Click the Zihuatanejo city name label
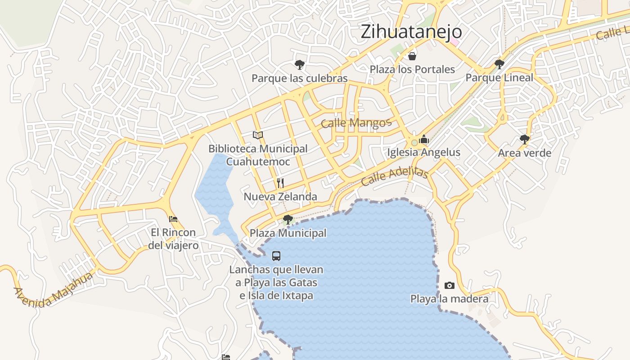[411, 31]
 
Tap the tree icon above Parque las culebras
[300, 65]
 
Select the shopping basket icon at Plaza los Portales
[412, 56]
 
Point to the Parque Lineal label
[499, 78]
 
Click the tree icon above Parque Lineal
[499, 64]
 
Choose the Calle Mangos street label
[356, 122]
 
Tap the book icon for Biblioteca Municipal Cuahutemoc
[258, 135]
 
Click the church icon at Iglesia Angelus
[424, 139]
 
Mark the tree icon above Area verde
[524, 139]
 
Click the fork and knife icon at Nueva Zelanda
[280, 183]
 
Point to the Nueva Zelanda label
[280, 197]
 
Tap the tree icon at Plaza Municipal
[288, 220]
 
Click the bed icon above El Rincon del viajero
[173, 219]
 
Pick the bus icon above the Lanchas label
[276, 256]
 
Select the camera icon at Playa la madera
[449, 285]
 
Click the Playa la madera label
[449, 299]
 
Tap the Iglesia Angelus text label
[424, 153]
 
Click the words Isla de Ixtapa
[281, 296]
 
